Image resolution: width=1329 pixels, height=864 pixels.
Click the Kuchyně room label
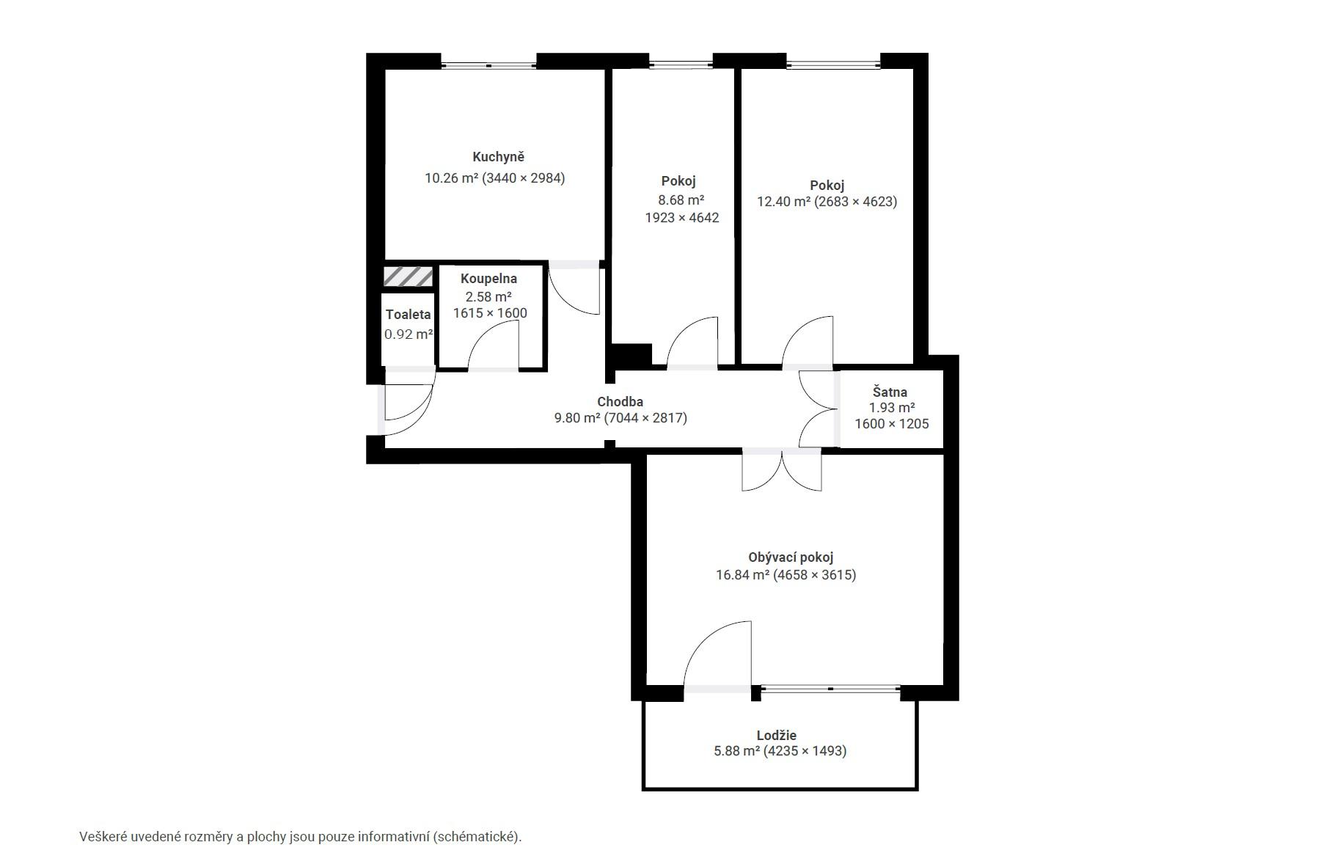point(498,157)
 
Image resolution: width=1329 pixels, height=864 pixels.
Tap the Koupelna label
point(488,279)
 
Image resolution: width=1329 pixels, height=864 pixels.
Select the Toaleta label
point(409,315)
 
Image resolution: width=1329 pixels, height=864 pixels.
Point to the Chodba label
point(620,402)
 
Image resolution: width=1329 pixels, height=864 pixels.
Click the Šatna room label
point(890,392)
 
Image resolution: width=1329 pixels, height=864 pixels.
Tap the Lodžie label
point(776,735)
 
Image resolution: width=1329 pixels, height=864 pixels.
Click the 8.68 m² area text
point(681,199)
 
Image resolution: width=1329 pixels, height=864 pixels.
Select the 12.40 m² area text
point(783,201)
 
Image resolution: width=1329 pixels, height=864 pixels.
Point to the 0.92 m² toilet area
point(409,334)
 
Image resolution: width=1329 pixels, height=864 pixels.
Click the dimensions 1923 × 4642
point(682,218)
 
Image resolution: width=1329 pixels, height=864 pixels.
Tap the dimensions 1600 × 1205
point(892,424)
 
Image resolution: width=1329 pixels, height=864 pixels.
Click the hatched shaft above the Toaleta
point(409,277)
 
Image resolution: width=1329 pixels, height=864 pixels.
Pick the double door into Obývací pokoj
point(782,471)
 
